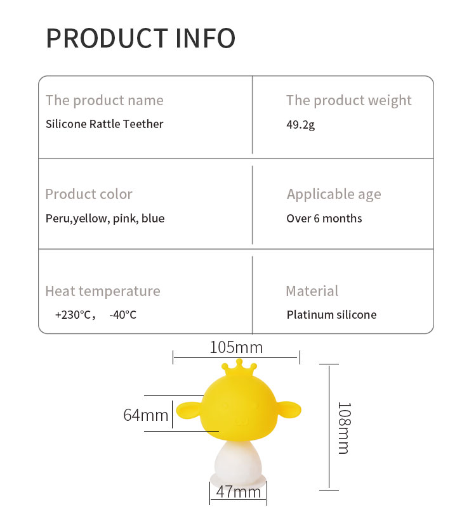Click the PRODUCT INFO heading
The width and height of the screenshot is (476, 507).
point(140,38)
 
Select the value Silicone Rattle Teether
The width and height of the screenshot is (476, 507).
point(104,124)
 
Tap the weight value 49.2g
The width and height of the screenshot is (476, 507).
point(300,124)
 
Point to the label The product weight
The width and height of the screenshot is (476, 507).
point(348,100)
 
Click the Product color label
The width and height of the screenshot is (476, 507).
point(89,194)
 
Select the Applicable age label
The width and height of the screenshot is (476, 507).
point(334,194)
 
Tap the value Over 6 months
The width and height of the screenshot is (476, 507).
point(324,219)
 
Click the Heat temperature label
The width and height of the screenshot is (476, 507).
point(102,291)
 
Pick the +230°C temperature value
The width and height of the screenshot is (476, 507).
point(74,314)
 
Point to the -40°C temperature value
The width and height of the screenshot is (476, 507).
point(122,314)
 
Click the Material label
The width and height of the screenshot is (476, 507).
point(312,291)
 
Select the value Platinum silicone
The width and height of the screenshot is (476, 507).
point(331,314)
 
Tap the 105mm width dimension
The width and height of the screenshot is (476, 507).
point(236,347)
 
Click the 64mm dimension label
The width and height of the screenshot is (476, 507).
point(146,415)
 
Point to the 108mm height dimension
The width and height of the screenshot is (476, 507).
point(343,427)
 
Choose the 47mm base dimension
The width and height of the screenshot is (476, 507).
point(239,492)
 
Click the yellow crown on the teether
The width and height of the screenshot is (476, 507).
point(239,368)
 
